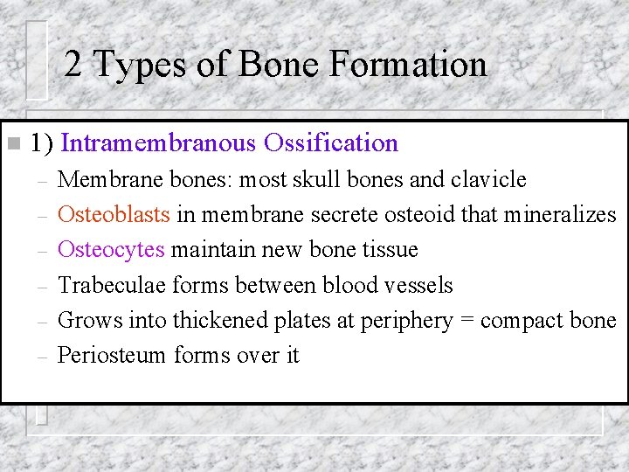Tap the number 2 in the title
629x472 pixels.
[73, 64]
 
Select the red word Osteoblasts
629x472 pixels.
[114, 214]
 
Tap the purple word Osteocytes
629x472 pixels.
[111, 249]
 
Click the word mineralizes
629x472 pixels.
[560, 214]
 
